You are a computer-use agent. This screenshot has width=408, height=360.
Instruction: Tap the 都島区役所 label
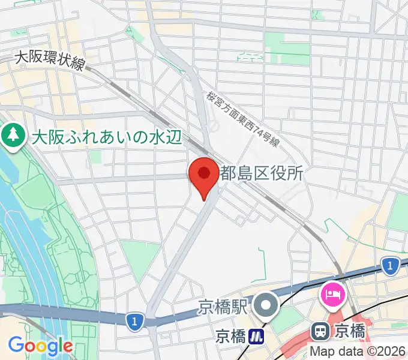[262, 174]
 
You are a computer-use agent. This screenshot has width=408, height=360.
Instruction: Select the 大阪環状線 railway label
[49, 59]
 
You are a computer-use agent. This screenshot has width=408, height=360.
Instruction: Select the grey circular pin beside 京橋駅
[265, 307]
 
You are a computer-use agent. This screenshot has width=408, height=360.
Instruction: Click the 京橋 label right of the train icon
[350, 330]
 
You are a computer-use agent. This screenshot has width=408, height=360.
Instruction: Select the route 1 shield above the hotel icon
[391, 265]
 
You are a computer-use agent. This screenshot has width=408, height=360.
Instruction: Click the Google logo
[40, 346]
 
